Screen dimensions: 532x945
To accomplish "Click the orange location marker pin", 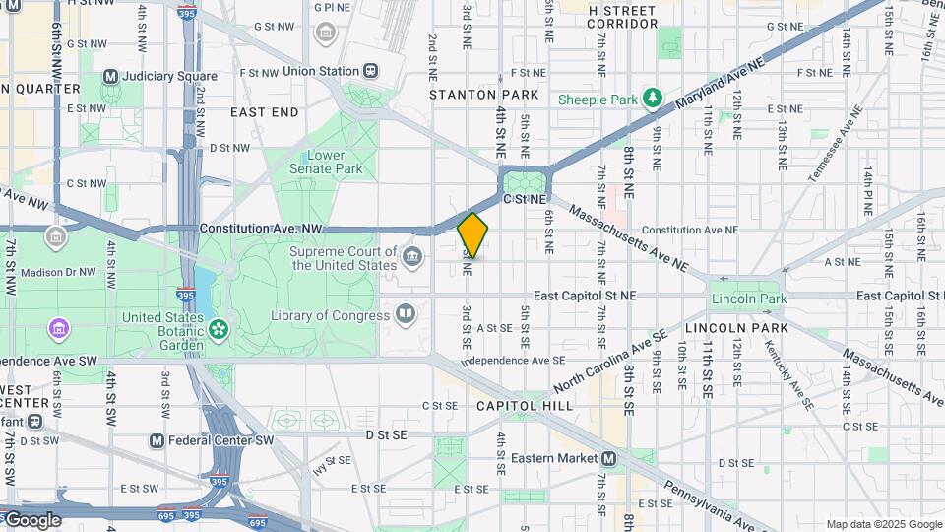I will (x=472, y=235).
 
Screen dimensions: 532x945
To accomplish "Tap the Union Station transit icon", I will (x=371, y=71).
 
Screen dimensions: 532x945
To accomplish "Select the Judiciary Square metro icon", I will (x=110, y=76).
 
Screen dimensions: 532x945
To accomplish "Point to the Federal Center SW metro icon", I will (x=156, y=440).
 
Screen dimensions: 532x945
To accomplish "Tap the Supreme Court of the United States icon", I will (x=412, y=258).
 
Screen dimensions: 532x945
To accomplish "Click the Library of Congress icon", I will (x=405, y=314).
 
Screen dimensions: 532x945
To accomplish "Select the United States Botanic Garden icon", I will (x=219, y=326).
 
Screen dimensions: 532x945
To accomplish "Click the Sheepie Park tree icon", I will (x=651, y=98).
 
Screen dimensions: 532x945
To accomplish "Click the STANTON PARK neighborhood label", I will (x=483, y=95).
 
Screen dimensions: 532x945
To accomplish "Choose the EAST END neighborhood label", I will (x=265, y=112).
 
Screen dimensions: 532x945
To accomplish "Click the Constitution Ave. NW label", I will (x=260, y=228).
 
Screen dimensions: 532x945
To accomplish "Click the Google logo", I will (x=31, y=520).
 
